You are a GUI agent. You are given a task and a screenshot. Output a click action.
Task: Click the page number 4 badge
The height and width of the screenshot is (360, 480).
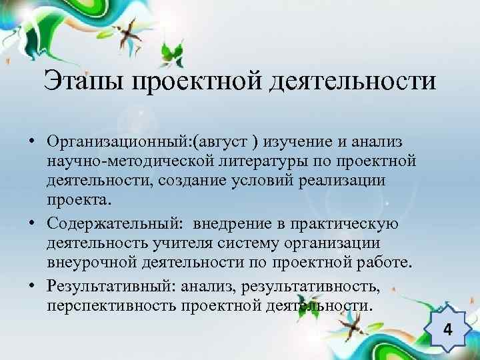[448, 331]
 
